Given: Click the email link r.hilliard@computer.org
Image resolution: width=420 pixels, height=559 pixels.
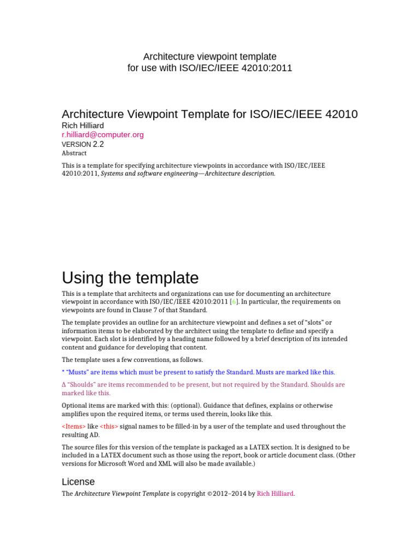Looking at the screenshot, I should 103,134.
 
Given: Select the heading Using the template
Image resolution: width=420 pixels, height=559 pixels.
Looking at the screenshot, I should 130,278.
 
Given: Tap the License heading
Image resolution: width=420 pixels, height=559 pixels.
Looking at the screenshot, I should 78,481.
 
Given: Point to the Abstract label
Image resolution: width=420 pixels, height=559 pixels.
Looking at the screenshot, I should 74,153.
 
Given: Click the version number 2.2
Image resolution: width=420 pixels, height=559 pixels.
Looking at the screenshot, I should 98,144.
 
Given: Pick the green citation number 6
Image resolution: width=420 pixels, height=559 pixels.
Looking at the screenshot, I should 234,302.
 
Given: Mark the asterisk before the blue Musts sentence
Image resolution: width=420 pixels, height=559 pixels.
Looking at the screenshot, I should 63,372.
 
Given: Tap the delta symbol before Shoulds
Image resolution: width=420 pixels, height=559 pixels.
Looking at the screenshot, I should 64,385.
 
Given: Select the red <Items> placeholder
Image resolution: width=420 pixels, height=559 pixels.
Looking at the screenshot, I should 73,426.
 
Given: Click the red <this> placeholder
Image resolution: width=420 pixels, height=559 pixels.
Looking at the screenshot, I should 109,426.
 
